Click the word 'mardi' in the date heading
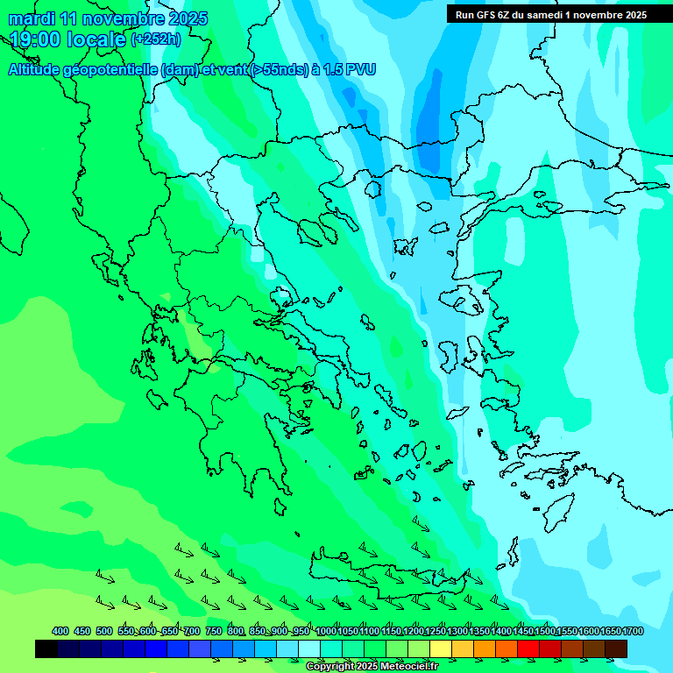coord(32,18)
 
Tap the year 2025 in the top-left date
coord(187,18)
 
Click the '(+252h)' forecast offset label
coord(156,39)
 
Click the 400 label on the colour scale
coord(60,631)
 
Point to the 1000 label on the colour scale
coord(326,631)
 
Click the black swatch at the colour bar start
coord(46,648)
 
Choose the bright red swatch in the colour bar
coord(528,648)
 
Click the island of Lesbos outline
coord(463,298)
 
